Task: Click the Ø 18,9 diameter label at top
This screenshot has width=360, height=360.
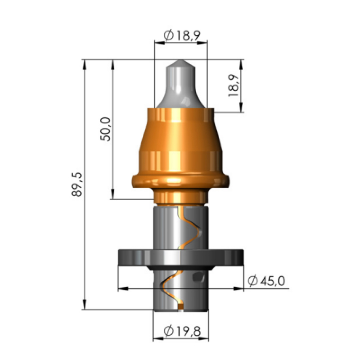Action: click(182, 36)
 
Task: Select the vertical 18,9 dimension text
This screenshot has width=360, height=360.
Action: click(234, 85)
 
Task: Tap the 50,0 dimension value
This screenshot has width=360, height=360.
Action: click(105, 129)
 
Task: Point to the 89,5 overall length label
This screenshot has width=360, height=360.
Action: click(76, 184)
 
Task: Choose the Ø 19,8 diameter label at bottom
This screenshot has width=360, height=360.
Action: click(182, 331)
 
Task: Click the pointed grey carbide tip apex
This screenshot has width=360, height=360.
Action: click(181, 60)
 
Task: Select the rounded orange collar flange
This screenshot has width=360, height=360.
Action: click(180, 182)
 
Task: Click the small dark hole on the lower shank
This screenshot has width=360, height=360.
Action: click(198, 276)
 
